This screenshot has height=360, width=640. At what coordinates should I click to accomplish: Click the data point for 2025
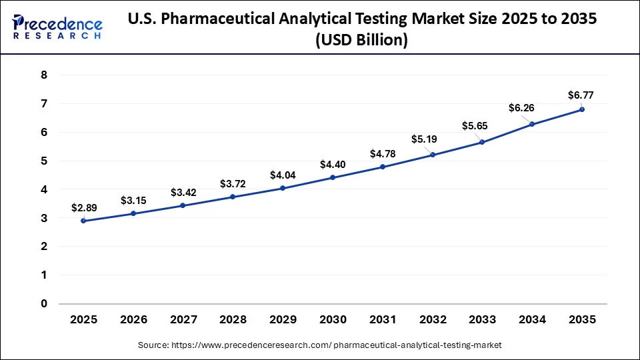[83, 221]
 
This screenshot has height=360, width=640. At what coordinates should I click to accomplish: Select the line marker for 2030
[333, 177]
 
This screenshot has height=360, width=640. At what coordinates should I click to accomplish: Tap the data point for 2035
[582, 109]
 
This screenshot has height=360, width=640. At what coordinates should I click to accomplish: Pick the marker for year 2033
[482, 142]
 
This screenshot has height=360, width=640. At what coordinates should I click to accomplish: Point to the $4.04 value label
[283, 175]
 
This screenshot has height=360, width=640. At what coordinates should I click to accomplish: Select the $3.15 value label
[133, 200]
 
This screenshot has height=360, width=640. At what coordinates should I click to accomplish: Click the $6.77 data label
[580, 95]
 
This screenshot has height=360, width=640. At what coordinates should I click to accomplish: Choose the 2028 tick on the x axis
[233, 320]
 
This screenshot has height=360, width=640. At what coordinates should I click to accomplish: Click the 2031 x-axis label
[383, 320]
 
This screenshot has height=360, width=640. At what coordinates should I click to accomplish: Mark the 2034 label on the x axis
[532, 320]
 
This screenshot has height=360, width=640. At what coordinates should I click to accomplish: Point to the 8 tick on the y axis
[44, 75]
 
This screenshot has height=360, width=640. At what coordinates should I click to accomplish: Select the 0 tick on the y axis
[44, 304]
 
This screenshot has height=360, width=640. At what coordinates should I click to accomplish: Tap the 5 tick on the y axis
[44, 161]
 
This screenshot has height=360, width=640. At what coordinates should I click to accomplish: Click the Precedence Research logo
[57, 27]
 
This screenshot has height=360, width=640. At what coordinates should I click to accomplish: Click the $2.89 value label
[84, 207]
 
